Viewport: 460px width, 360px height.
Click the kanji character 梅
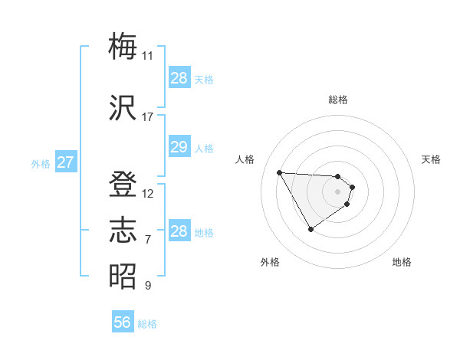123,47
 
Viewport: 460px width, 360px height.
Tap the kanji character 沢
123,108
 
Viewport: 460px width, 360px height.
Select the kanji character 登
123,185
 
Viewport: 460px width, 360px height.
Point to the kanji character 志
123,230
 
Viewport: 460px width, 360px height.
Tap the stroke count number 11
147,56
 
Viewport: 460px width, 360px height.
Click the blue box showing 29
179,147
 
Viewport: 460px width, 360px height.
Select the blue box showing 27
65,162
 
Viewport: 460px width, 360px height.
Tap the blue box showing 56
122,322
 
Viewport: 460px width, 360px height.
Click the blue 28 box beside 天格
179,78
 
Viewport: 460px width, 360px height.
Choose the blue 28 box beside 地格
179,231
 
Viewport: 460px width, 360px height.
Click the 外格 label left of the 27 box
41,163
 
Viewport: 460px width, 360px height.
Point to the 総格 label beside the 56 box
147,324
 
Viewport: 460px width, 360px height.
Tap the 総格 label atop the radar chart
338,100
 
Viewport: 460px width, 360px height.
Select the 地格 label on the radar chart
402,262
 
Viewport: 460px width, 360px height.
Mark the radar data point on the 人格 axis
279,172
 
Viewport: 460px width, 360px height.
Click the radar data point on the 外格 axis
310,229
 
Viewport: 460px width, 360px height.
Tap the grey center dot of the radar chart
338,191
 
